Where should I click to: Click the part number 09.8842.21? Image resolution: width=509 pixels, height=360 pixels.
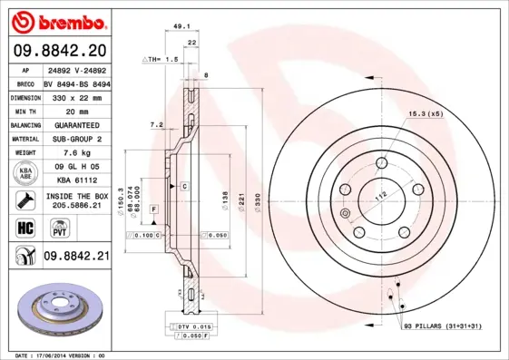coord(75,257)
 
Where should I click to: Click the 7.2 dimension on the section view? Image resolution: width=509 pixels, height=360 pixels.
coord(155,124)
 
